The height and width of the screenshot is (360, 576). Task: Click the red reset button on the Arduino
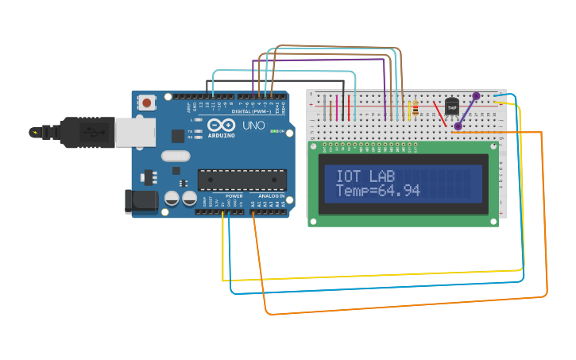pos(147,102)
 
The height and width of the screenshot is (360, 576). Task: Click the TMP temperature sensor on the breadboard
pos(451,106)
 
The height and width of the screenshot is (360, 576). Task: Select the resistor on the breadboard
pos(414,108)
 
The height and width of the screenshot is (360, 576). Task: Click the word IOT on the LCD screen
pos(348,176)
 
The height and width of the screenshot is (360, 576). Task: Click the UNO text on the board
pos(253,126)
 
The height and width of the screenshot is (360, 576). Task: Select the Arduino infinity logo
pos(220,125)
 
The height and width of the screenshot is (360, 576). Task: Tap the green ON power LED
pos(274,131)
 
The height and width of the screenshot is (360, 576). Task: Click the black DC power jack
pos(141,200)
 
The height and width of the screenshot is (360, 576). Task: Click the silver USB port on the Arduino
pos(133,133)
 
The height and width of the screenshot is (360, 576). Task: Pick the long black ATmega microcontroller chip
pos(241,180)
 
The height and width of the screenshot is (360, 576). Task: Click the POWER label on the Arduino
pos(234,195)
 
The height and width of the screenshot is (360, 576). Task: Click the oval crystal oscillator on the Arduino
pos(176,156)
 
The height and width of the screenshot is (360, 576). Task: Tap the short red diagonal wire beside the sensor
pos(439,113)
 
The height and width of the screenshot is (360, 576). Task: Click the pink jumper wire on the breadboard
pos(337,107)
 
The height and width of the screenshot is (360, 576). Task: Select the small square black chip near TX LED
pos(178,136)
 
